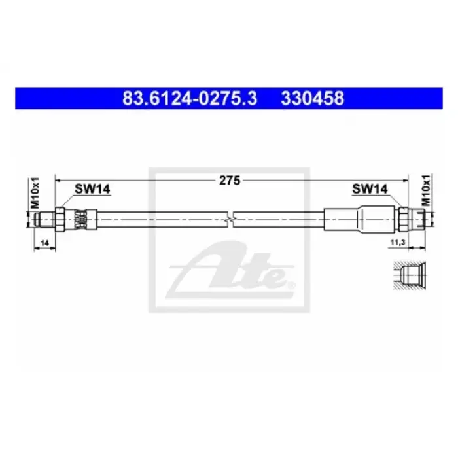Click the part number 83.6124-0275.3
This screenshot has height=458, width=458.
(x=190, y=98)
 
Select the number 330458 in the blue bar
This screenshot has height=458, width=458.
(x=313, y=98)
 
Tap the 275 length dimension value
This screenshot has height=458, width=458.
(x=230, y=181)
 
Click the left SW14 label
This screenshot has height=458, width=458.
(x=92, y=189)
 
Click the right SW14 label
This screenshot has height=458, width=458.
(x=370, y=189)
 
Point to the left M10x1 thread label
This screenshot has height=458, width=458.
(x=35, y=193)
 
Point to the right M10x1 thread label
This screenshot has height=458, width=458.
(x=426, y=190)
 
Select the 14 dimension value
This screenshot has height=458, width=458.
(x=44, y=243)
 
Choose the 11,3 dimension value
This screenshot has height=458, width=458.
(x=398, y=242)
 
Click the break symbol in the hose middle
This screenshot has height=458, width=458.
(x=230, y=219)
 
